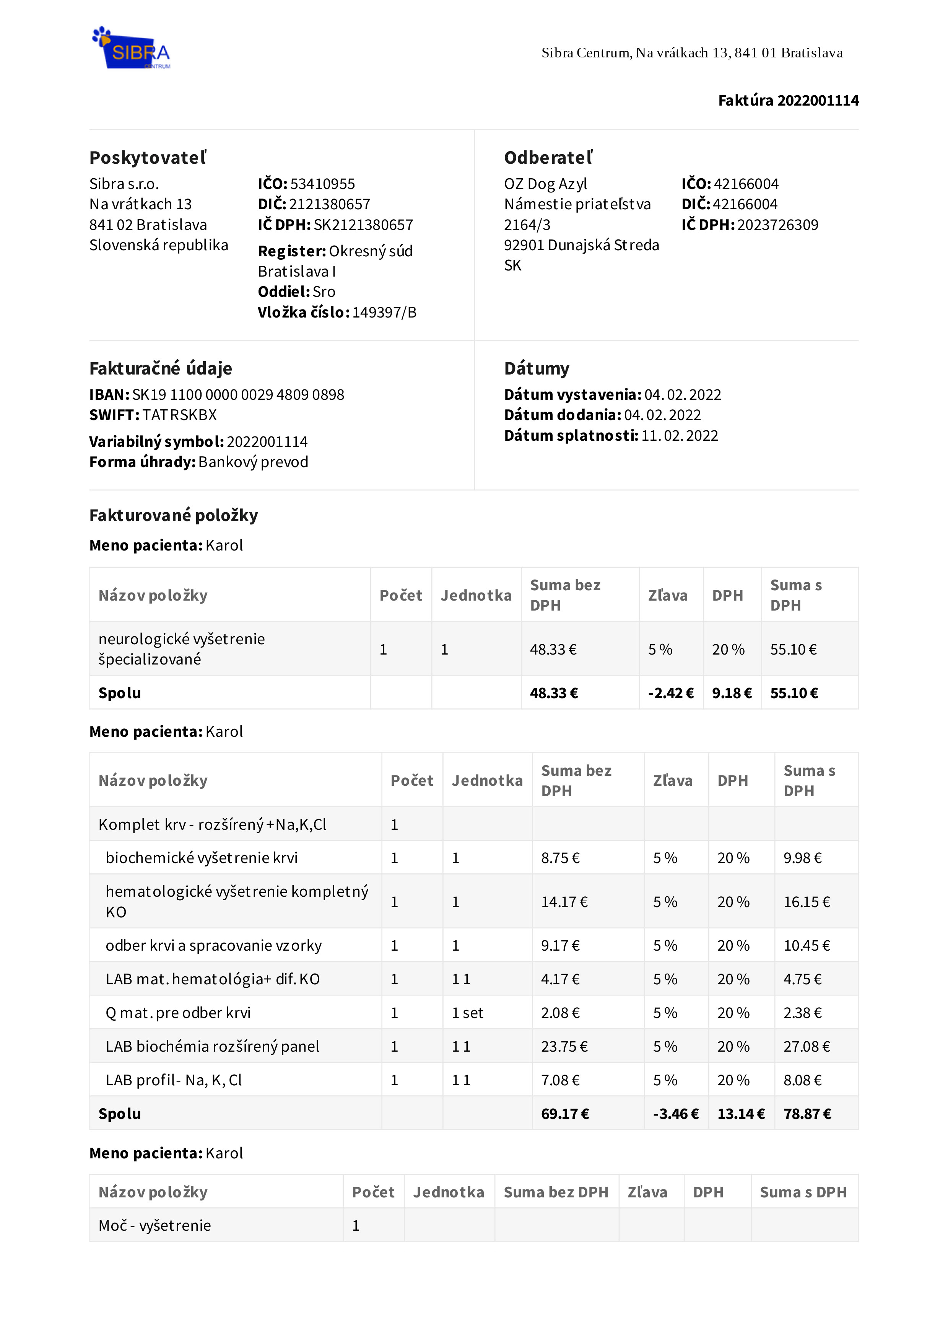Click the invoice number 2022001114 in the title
[818, 101]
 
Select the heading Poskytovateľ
[148, 158]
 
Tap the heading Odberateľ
[548, 158]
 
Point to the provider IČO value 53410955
[322, 184]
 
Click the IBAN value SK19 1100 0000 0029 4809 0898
[238, 395]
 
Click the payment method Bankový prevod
[253, 463]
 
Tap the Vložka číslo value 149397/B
[384, 313]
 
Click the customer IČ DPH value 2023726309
[777, 225]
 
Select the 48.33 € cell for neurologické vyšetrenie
[553, 650]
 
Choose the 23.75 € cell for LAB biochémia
[564, 1047]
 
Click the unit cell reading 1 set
[467, 1013]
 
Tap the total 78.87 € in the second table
[807, 1114]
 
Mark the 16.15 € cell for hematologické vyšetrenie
[807, 902]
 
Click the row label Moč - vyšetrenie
[155, 1226]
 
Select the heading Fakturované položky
[174, 516]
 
